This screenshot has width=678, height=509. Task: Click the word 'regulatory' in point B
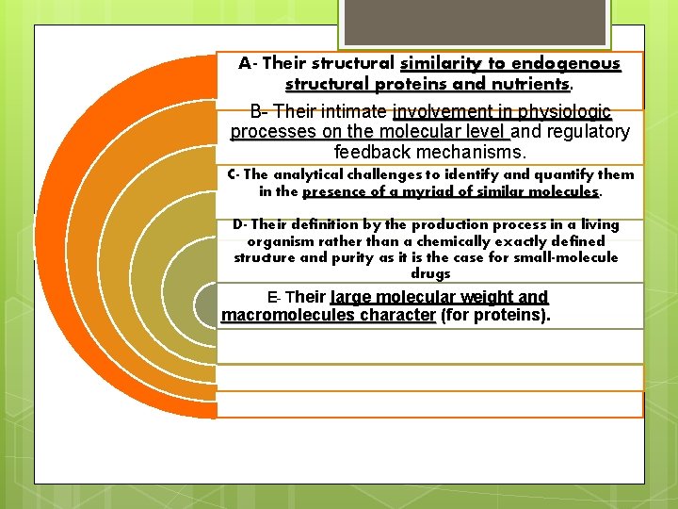pos(584,131)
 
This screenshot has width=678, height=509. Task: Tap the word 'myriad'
pos(446,190)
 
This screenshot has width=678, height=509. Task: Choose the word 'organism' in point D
pos(266,241)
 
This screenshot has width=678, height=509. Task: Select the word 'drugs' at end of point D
pos(430,273)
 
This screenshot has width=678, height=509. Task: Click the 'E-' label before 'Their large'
pos(274,298)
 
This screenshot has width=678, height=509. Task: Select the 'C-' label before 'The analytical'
pos(234,174)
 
